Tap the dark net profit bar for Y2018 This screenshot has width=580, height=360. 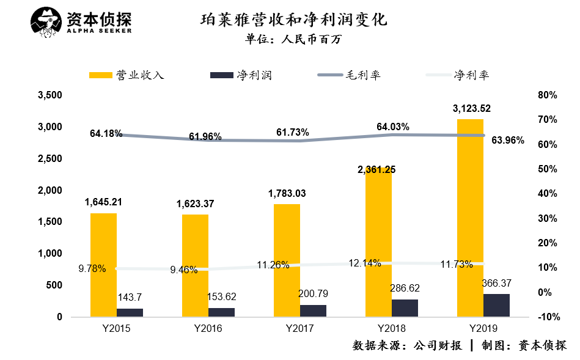pyautogui.click(x=405, y=308)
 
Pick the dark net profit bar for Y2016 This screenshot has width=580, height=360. pyautogui.click(x=221, y=312)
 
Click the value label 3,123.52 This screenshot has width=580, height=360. pyautogui.click(x=471, y=109)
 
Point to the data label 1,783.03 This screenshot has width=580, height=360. pyautogui.click(x=287, y=194)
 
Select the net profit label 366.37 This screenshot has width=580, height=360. pyautogui.click(x=496, y=284)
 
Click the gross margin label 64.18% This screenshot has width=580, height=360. pyautogui.click(x=106, y=133)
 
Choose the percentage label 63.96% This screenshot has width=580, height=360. pyautogui.click(x=507, y=140)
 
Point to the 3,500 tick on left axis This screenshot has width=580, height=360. pyautogui.click(x=50, y=95)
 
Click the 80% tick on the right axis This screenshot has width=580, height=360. pyautogui.click(x=548, y=95)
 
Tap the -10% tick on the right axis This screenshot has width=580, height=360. pyautogui.click(x=546, y=317)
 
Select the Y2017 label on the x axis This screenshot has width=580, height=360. pyautogui.click(x=299, y=329)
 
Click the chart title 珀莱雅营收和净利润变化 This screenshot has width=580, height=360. pyautogui.click(x=294, y=20)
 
